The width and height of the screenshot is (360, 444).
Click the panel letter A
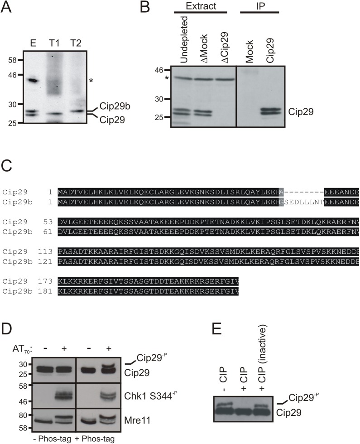(x=6, y=7)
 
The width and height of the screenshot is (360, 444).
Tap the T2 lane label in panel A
(x=76, y=43)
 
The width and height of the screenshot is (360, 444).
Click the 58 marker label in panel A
(x=13, y=60)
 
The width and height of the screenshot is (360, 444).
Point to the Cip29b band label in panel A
(x=115, y=106)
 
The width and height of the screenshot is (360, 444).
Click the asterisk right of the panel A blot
(x=91, y=81)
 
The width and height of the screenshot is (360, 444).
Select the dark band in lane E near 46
(x=33, y=81)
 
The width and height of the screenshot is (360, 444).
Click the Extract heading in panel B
(x=201, y=6)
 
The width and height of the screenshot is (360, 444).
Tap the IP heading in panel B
(x=260, y=6)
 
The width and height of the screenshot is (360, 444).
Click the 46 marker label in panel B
(x=159, y=70)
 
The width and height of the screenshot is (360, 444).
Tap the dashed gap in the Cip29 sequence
(x=304, y=192)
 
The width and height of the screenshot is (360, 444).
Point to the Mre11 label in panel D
(x=137, y=420)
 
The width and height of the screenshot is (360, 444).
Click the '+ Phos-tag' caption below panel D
(x=95, y=439)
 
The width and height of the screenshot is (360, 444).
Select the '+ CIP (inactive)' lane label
(x=263, y=359)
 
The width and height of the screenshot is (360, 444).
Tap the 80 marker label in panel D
(x=23, y=415)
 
